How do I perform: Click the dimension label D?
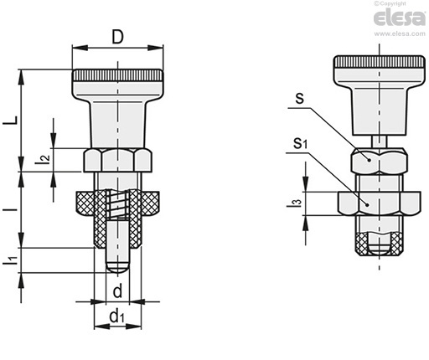pyautogui.click(x=117, y=37)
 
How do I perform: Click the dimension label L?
pyautogui.click(x=10, y=121)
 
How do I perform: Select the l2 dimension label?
pyautogui.click(x=43, y=159)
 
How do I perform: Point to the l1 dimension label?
pyautogui.click(x=10, y=260)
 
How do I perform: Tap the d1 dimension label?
pyautogui.click(x=116, y=316)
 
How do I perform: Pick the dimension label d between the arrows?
pyautogui.click(x=117, y=291)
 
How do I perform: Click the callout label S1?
pyautogui.click(x=300, y=143)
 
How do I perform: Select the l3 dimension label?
pyautogui.click(x=295, y=203)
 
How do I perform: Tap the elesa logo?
pyautogui.click(x=400, y=18)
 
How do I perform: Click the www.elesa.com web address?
pyautogui.click(x=400, y=33)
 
